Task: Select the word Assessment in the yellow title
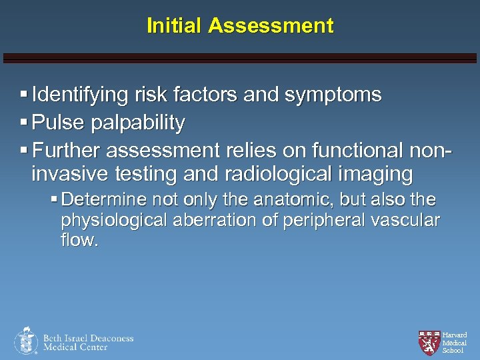point(271,26)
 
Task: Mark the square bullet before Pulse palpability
point(24,123)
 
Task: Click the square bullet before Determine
point(54,199)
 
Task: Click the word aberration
point(234,220)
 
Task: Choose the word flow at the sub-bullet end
point(79,240)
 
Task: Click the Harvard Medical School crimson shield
point(429,342)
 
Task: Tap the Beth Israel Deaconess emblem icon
point(26,341)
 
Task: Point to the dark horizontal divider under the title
point(240,58)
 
